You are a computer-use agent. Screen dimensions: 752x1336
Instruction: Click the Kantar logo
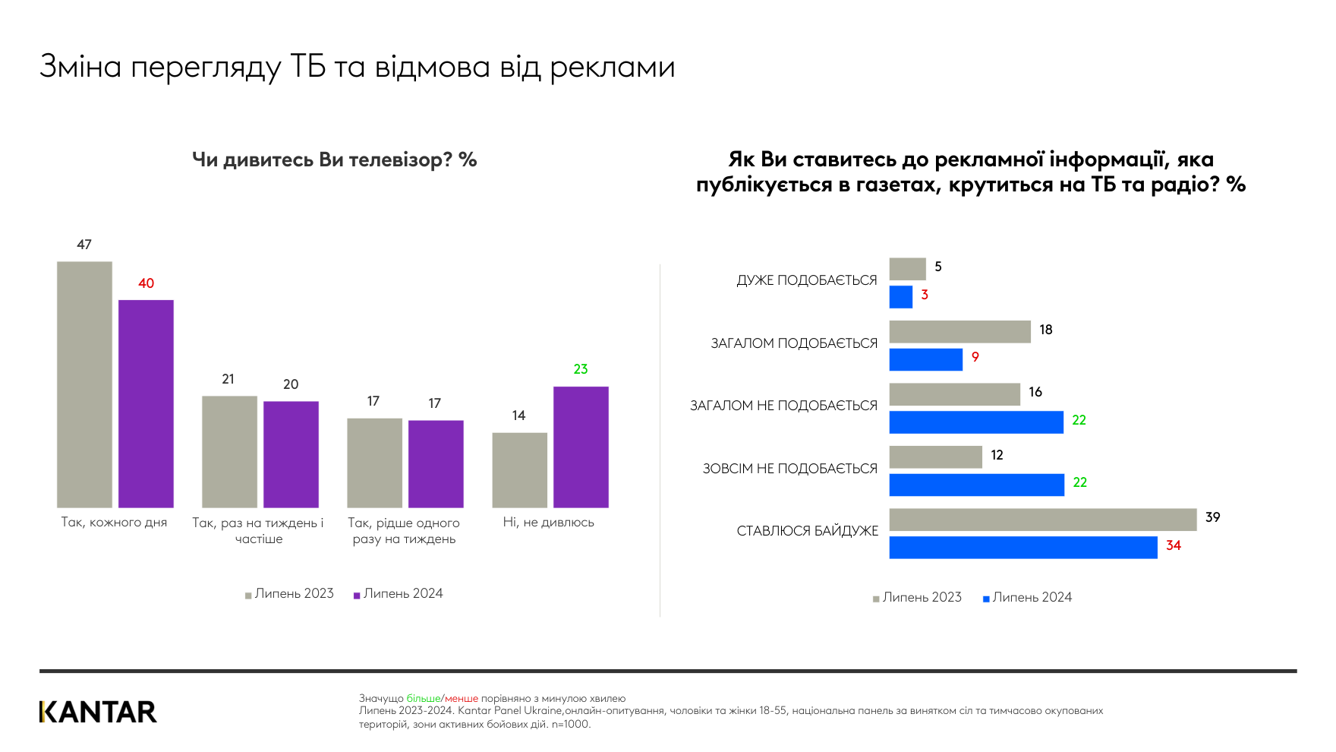click(x=98, y=712)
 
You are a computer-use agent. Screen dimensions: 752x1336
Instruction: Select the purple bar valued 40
click(x=146, y=403)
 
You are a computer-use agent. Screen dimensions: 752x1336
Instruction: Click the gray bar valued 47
click(x=84, y=384)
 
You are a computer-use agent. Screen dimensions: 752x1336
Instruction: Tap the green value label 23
click(x=581, y=369)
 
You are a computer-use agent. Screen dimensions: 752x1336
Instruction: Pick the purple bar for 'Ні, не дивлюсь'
click(x=581, y=447)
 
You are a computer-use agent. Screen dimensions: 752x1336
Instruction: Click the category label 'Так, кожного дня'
click(x=114, y=523)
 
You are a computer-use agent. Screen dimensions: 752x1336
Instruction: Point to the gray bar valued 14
click(x=519, y=469)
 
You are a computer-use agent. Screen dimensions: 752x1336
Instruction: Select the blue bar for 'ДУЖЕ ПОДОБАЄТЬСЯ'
click(x=900, y=297)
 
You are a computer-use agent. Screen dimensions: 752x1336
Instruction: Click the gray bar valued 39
click(x=1042, y=520)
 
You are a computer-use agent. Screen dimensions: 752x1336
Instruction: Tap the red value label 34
click(x=1174, y=545)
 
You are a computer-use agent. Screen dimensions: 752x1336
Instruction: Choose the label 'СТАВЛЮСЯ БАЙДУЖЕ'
click(x=807, y=531)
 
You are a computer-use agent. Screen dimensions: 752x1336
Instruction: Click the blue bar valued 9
click(x=925, y=359)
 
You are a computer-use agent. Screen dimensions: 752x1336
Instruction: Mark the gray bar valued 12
click(x=935, y=457)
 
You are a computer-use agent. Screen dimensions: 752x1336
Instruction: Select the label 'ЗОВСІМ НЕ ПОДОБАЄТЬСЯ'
click(x=789, y=469)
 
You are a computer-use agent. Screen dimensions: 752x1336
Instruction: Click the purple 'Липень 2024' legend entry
click(x=399, y=594)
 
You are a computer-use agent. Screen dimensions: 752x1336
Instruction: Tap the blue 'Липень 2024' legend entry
click(x=1028, y=598)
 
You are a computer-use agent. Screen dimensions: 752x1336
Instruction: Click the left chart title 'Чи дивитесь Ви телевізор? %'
click(x=334, y=160)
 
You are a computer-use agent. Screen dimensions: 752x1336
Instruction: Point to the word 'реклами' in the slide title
click(x=612, y=67)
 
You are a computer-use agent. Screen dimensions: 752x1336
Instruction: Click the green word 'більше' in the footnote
click(x=423, y=698)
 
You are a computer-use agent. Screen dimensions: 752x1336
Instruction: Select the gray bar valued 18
click(x=959, y=331)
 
